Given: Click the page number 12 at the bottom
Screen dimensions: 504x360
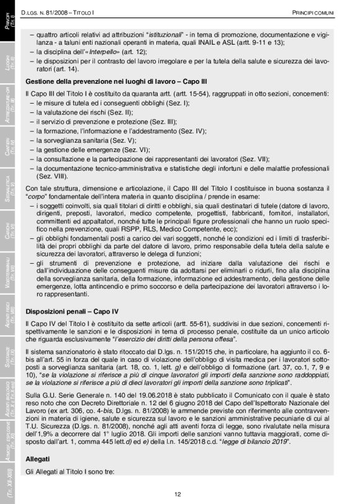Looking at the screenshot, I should [x=178, y=493].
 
